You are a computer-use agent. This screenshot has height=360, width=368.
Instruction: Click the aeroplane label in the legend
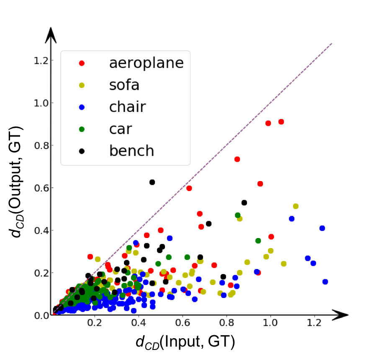tap(146, 63)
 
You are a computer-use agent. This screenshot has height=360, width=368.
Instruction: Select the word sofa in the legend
tap(124, 85)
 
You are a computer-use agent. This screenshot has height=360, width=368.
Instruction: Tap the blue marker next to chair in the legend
tap(82, 107)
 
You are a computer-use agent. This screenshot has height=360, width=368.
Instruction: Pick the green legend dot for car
tap(82, 129)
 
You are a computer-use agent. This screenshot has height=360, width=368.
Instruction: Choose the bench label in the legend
tap(131, 151)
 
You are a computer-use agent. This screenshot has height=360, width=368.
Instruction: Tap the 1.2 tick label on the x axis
tap(314, 324)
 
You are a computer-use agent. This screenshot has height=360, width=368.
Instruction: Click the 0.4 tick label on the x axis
tap(139, 324)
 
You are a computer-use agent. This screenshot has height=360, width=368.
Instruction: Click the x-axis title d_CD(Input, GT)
tap(185, 342)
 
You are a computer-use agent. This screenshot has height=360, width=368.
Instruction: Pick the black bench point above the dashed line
tap(152, 182)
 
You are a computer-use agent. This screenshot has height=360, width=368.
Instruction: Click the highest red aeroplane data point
tap(281, 122)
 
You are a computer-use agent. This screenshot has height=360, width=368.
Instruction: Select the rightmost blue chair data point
tap(325, 282)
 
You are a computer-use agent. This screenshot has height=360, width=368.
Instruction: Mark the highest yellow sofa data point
tap(296, 206)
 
